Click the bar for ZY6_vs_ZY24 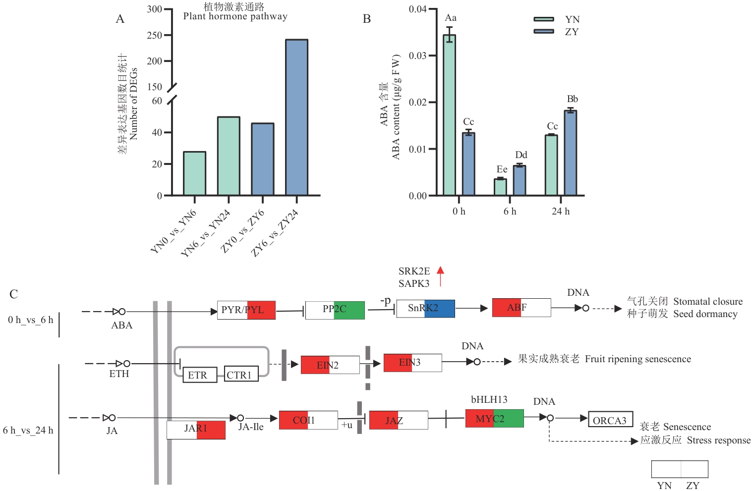tap(296, 117)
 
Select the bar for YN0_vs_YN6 tap(194, 173)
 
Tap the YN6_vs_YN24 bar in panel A tap(229, 156)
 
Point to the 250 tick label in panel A tap(154, 35)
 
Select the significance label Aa tap(450, 18)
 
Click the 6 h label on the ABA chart tap(510, 212)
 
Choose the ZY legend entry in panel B tap(571, 32)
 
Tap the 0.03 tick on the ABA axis tap(417, 55)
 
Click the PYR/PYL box tap(246, 310)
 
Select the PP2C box tap(335, 310)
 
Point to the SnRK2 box tap(425, 308)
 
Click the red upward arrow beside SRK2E tap(440, 276)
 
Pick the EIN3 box tap(412, 363)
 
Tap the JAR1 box tap(196, 430)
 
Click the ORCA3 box tap(610, 419)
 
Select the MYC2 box tap(494, 419)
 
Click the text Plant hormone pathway tap(235, 16)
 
